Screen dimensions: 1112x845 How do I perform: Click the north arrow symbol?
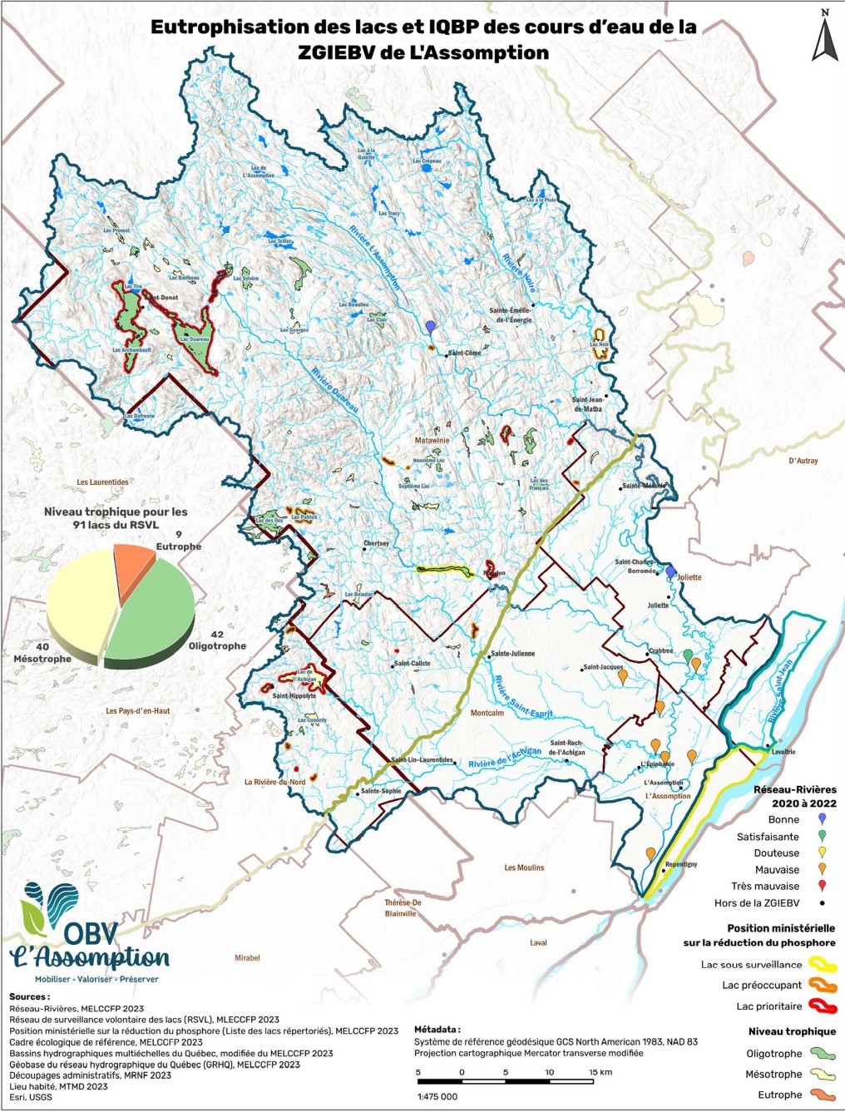[824, 37]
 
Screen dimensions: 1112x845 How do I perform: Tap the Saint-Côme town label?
[464, 353]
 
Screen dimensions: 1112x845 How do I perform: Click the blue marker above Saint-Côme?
[430, 328]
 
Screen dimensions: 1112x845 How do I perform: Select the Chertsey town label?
[376, 544]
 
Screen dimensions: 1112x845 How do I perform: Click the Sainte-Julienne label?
[513, 654]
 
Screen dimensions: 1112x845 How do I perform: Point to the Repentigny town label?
[681, 864]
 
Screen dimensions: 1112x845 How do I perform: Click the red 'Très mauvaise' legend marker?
[822, 886]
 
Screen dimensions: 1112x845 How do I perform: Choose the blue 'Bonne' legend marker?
[822, 819]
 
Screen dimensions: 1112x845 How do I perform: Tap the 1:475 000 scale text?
[437, 1096]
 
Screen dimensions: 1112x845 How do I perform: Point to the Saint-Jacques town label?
[603, 667]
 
